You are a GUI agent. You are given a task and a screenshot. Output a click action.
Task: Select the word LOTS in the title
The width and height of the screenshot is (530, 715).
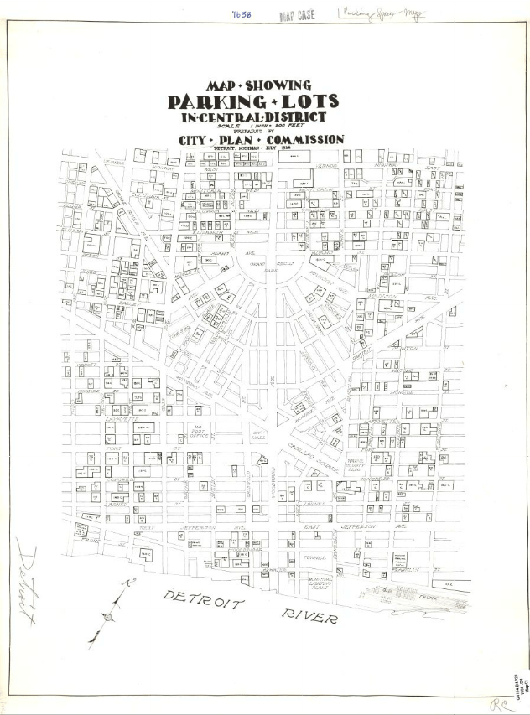tap(307, 102)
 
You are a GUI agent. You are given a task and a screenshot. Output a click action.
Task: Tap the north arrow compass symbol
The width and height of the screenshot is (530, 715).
tap(107, 617)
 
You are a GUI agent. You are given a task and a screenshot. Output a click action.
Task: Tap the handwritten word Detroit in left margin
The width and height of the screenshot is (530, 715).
tap(26, 587)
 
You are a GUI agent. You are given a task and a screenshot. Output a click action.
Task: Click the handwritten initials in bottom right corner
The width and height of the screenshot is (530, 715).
tap(499, 700)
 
